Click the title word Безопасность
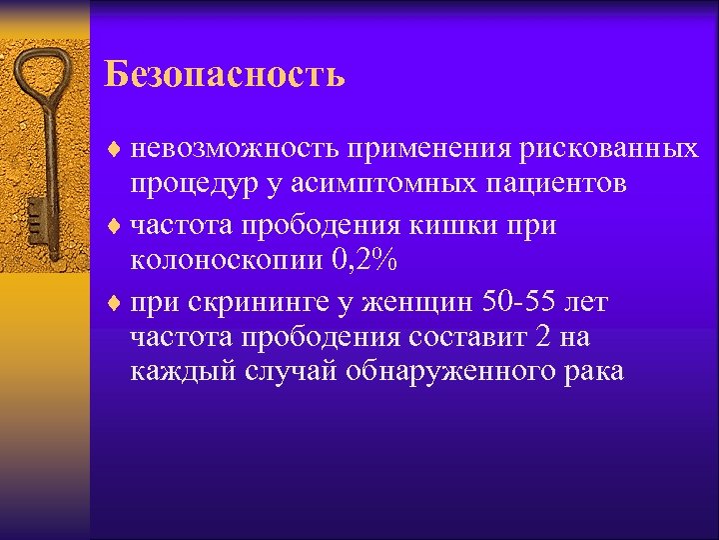coord(225,74)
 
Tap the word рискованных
coord(609,148)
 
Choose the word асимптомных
coord(381,185)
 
